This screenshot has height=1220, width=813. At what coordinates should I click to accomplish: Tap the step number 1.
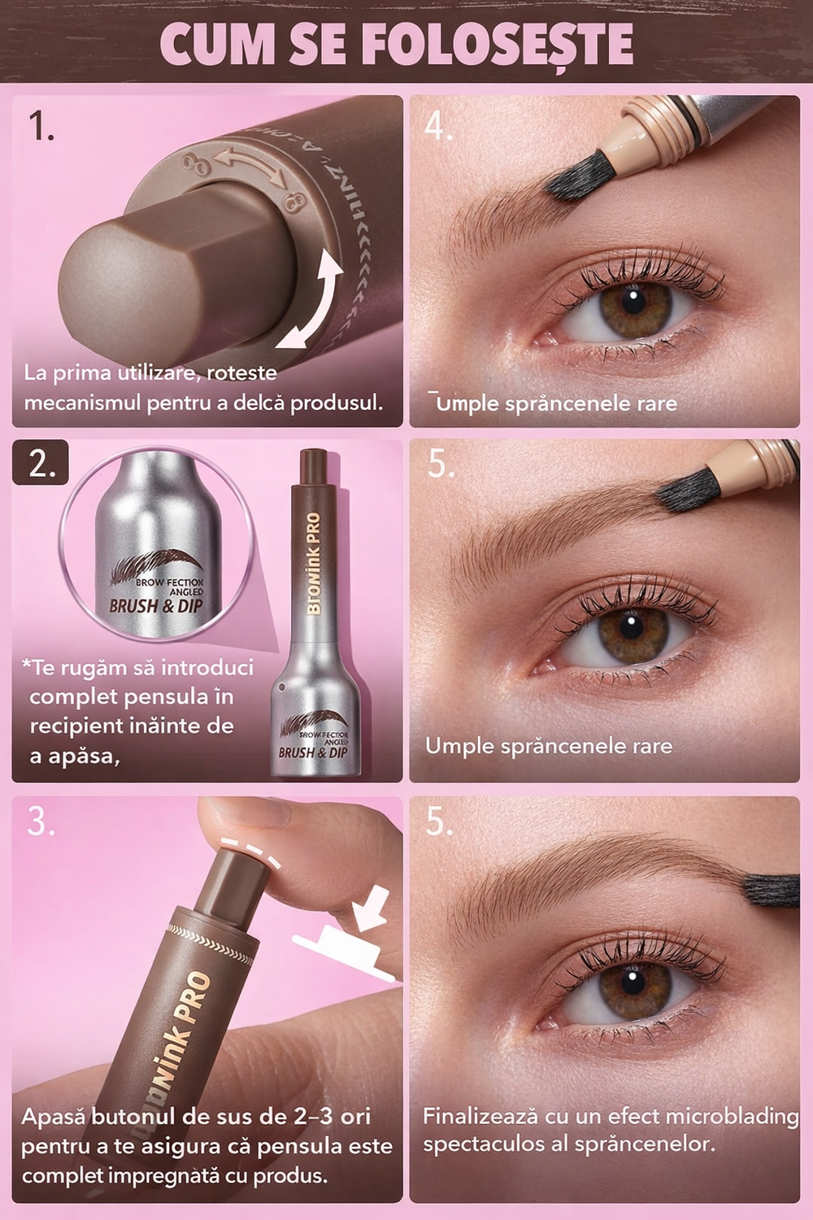click(x=41, y=127)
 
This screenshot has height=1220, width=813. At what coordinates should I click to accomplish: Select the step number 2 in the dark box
click(x=41, y=464)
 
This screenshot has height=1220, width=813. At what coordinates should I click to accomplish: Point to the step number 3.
click(x=41, y=822)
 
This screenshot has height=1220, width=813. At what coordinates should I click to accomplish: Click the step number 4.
click(x=438, y=127)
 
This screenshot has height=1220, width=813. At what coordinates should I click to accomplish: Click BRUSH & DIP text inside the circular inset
click(x=155, y=606)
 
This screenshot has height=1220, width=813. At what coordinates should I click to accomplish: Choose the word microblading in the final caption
click(x=732, y=1117)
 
